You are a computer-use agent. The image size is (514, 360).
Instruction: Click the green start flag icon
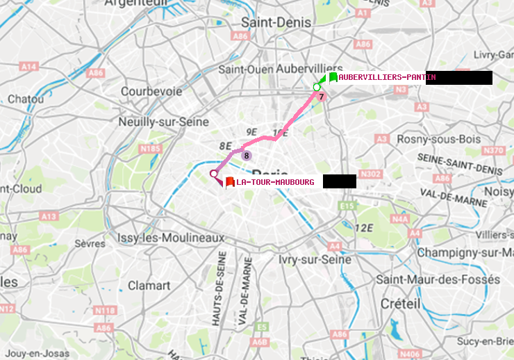(333, 77)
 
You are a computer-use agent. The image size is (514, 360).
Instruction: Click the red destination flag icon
(230, 182)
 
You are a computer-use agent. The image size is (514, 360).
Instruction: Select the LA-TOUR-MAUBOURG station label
(275, 182)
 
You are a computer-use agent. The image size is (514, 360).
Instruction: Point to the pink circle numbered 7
(322, 96)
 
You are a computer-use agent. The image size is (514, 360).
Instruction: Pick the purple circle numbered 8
(247, 156)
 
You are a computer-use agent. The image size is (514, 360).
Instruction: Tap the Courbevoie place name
(151, 91)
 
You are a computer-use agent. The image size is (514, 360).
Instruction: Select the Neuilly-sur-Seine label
(164, 121)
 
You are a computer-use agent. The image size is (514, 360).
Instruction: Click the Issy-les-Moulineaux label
(171, 238)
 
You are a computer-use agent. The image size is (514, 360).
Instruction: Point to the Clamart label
(149, 285)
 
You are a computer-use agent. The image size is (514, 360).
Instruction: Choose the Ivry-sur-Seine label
(315, 259)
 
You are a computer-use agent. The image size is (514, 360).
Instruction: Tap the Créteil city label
(400, 304)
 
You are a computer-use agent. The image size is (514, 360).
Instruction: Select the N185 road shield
(150, 148)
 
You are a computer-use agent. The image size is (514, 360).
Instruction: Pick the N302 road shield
(372, 174)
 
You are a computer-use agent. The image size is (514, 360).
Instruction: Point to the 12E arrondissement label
(363, 228)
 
